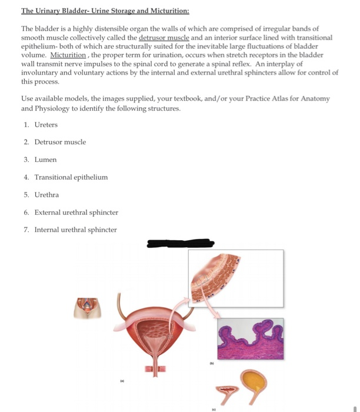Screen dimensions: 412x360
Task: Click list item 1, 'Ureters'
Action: coord(46,125)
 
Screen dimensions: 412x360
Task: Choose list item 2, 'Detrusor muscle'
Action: coord(60,142)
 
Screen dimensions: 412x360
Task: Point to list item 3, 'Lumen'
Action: coord(45,160)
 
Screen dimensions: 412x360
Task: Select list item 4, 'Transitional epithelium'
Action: coord(71,177)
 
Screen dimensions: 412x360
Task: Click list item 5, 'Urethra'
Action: coord(46,194)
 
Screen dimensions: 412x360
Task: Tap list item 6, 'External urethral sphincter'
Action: coord(76,212)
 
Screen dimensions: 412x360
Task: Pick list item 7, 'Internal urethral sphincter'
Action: coord(75,230)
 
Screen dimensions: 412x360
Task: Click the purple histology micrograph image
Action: coord(250,340)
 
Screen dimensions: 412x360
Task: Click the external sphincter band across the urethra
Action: coord(155,367)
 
